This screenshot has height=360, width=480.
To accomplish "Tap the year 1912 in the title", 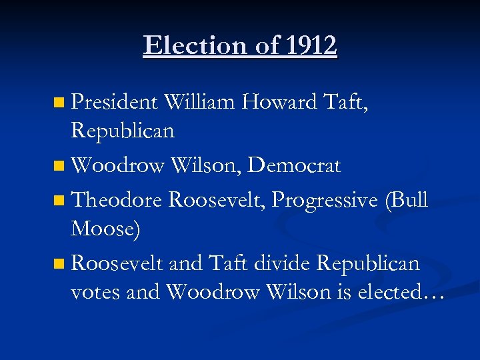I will click(x=311, y=46).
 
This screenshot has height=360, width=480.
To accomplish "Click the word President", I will click(x=113, y=102).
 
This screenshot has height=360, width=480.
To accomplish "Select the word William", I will click(x=199, y=102).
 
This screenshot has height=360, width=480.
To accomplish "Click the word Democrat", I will click(x=294, y=165).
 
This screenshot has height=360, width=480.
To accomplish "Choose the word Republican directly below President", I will click(x=123, y=131).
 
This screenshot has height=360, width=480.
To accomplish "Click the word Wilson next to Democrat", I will click(x=207, y=165).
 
